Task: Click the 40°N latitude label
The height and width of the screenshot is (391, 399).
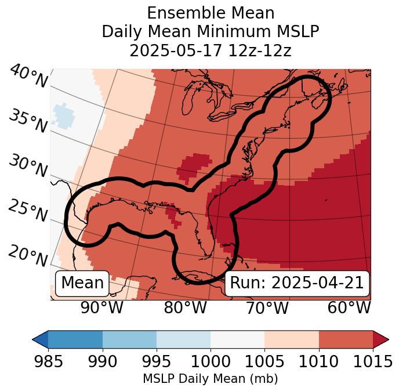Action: tap(28, 77)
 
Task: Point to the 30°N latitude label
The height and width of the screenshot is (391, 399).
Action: tap(27, 166)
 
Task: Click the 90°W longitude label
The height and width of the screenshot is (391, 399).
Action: tap(101, 307)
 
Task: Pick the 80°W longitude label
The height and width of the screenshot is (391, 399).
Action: tap(186, 307)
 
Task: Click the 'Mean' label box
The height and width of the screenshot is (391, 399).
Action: tap(82, 283)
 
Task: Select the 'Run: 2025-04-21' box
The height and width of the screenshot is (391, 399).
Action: tap(296, 283)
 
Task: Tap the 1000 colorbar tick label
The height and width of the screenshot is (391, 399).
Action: tap(211, 362)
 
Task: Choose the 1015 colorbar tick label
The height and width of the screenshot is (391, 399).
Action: tap(373, 362)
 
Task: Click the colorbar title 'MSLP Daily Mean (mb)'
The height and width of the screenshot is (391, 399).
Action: tap(211, 379)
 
